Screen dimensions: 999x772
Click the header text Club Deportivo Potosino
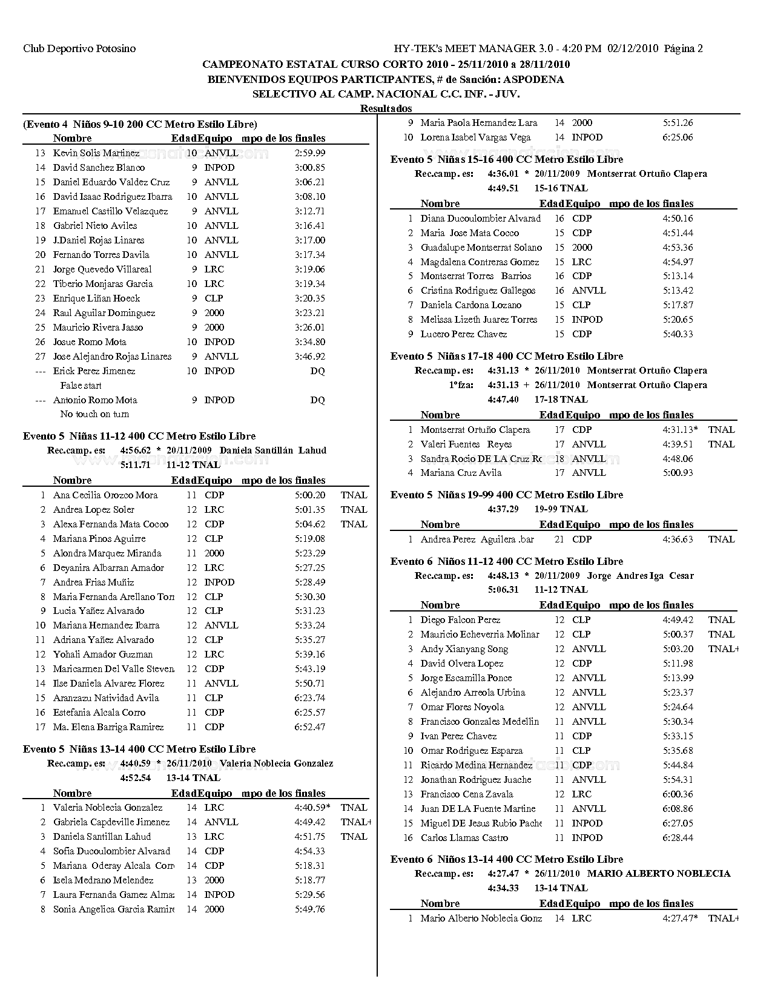click(x=79, y=48)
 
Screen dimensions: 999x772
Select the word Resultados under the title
click(x=386, y=108)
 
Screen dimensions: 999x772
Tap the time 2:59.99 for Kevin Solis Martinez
click(x=309, y=153)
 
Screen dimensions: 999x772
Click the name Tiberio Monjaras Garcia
click(x=102, y=284)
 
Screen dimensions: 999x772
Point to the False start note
click(x=81, y=386)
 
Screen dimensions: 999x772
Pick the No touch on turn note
click(x=94, y=414)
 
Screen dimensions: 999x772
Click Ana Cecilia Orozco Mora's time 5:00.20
click(x=309, y=495)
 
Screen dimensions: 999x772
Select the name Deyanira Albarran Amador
click(x=108, y=568)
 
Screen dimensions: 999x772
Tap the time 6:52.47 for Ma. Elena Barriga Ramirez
click(x=309, y=727)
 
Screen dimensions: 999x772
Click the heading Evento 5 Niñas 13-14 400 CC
click(x=139, y=749)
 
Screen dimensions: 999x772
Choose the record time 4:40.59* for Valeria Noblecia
click(x=312, y=808)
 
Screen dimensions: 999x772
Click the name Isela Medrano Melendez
click(x=103, y=880)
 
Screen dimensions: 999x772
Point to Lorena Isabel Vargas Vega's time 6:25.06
click(x=678, y=137)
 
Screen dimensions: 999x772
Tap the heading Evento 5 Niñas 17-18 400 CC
click(x=506, y=356)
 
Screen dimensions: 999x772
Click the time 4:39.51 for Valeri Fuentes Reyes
click(x=678, y=444)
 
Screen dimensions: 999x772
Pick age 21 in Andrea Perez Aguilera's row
click(x=559, y=539)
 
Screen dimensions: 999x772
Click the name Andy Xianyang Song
click(x=464, y=649)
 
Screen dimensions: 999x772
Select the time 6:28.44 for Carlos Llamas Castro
click(x=678, y=838)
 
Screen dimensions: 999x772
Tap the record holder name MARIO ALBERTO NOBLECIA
click(x=658, y=874)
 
